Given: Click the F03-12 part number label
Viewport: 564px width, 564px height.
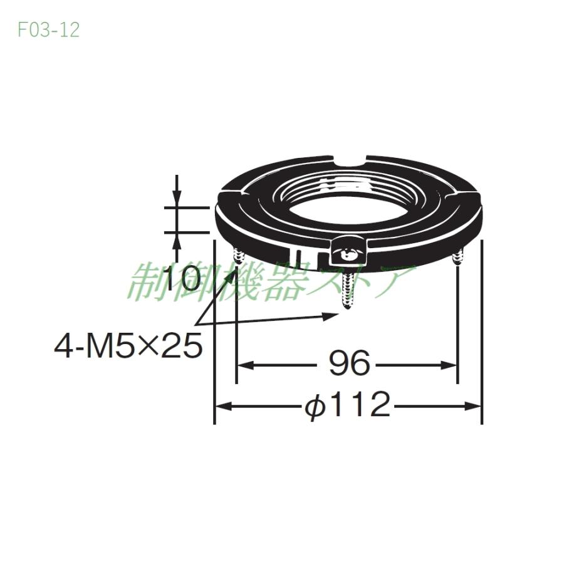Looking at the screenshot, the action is click(48, 30).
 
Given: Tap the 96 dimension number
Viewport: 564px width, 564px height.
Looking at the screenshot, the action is click(349, 363).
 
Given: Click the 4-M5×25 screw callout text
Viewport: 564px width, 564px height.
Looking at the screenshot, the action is click(128, 345).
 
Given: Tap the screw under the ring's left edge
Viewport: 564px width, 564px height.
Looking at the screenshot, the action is click(238, 256).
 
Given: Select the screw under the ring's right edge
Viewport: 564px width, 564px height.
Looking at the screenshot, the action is click(459, 256).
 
